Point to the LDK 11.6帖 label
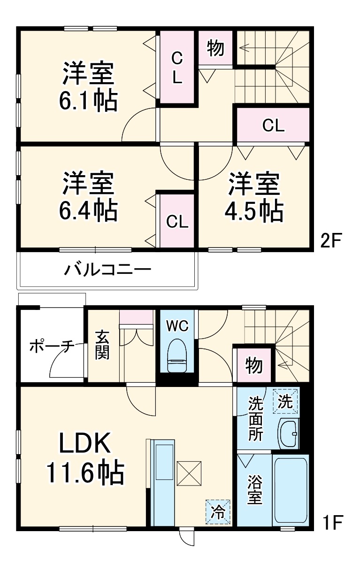point(84,458)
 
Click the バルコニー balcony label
point(107,270)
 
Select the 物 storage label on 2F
point(215,47)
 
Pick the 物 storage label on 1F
point(254,365)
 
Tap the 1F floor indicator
point(333,522)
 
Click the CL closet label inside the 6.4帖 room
point(177,221)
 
